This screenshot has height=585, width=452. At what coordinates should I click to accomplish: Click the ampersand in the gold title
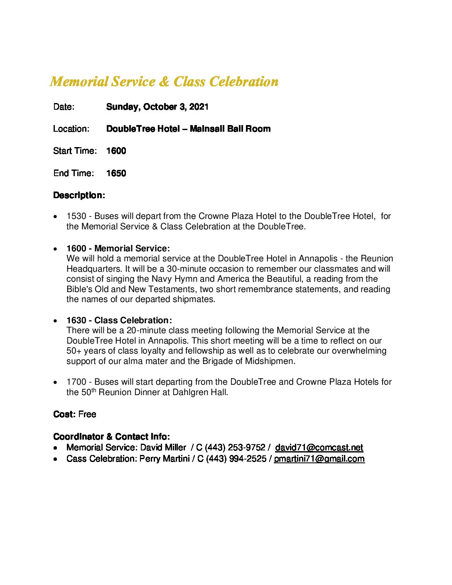pyautogui.click(x=165, y=82)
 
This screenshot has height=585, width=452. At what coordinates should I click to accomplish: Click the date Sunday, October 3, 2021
pyautogui.click(x=157, y=107)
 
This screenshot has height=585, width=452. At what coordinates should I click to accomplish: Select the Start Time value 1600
pyautogui.click(x=116, y=151)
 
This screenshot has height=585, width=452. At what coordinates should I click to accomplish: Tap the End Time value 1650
pyautogui.click(x=116, y=173)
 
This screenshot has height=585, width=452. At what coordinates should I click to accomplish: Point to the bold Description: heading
pyautogui.click(x=79, y=195)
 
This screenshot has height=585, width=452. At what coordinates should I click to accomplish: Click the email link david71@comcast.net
pyautogui.click(x=319, y=447)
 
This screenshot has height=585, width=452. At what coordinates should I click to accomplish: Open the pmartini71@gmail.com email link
pyautogui.click(x=319, y=459)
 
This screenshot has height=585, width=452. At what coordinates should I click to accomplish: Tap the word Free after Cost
pyautogui.click(x=87, y=414)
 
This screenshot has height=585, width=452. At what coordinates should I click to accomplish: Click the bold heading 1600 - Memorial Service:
pyautogui.click(x=118, y=248)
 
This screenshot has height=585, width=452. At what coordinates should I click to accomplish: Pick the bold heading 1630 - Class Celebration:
pyautogui.click(x=119, y=320)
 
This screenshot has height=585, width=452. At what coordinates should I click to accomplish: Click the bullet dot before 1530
pyautogui.click(x=56, y=217)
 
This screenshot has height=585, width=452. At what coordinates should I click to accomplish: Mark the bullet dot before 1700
pyautogui.click(x=56, y=383)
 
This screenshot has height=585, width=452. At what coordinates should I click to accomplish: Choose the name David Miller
pyautogui.click(x=163, y=447)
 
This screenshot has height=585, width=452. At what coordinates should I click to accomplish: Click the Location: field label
pyautogui.click(x=71, y=129)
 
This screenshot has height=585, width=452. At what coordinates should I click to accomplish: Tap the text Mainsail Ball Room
pyautogui.click(x=230, y=129)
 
